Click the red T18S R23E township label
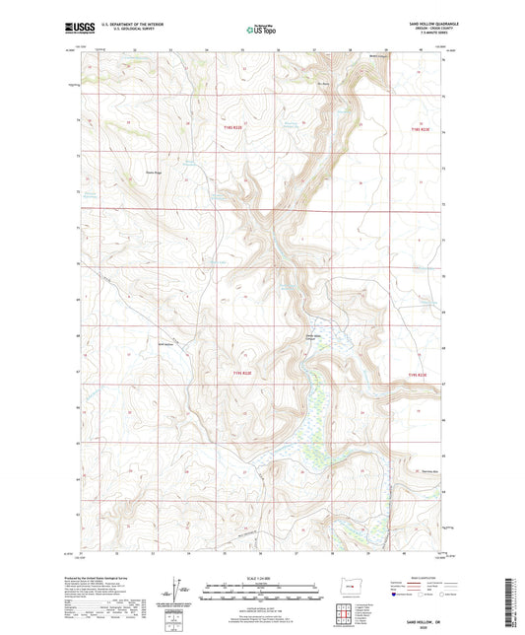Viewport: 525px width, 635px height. click(x=420, y=129)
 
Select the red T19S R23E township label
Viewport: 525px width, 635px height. click(x=420, y=374)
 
